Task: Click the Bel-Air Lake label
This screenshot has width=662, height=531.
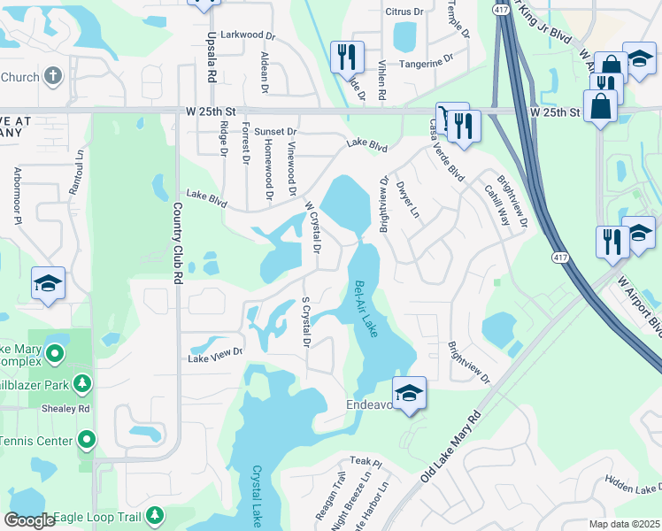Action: click(366, 308)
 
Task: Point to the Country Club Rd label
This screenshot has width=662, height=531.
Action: click(178, 242)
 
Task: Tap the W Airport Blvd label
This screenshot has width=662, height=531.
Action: click(640, 305)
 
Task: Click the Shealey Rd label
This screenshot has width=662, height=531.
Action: click(66, 409)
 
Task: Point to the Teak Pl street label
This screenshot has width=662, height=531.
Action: click(365, 462)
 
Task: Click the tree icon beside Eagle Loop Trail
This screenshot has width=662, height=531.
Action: click(155, 514)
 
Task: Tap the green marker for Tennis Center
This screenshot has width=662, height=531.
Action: click(87, 439)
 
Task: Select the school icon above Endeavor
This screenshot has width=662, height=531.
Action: click(410, 393)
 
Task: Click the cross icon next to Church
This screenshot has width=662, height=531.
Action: click(53, 77)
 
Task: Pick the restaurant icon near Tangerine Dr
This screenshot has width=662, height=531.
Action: click(347, 56)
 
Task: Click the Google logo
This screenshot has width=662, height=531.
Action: click(29, 520)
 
